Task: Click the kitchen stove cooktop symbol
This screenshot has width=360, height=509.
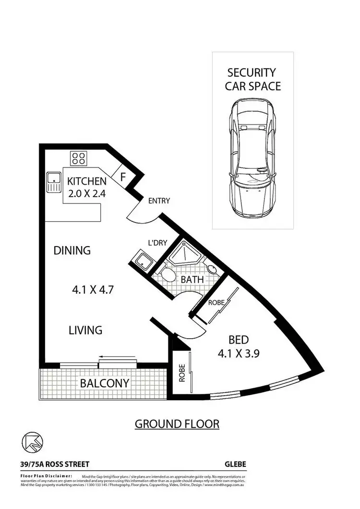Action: (78, 158)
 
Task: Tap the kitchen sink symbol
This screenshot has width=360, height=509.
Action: (53, 182)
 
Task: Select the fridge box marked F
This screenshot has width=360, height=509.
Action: (123, 177)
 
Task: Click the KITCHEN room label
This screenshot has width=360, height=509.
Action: (86, 181)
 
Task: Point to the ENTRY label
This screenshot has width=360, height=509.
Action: (159, 201)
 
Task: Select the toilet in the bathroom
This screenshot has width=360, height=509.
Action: (168, 275)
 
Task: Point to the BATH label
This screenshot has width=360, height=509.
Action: (192, 279)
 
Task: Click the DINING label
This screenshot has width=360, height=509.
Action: (72, 250)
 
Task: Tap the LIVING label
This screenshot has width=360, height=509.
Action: (85, 330)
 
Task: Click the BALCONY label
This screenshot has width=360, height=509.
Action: (104, 383)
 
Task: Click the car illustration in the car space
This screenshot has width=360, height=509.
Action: (252, 158)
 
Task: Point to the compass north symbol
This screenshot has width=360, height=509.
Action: (30, 442)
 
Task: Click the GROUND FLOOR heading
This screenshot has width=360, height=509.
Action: (177, 424)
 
